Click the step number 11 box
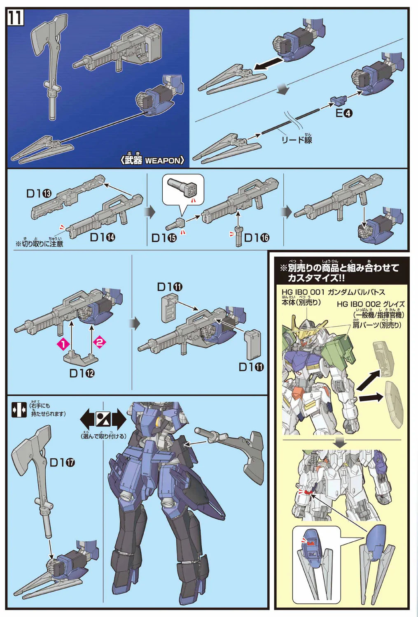click(x=16, y=18)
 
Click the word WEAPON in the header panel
click(x=163, y=160)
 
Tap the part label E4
click(x=344, y=113)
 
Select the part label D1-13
click(x=39, y=193)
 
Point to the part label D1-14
click(x=103, y=237)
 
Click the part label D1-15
click(x=164, y=238)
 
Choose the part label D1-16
click(x=257, y=237)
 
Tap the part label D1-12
click(x=82, y=373)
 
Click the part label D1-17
click(x=63, y=462)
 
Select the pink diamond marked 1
click(x=63, y=343)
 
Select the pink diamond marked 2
click(x=100, y=342)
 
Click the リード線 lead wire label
click(x=297, y=140)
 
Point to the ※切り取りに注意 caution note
click(x=40, y=244)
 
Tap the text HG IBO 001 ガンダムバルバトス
click(x=334, y=292)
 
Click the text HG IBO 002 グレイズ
click(x=371, y=304)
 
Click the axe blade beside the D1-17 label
click(x=31, y=446)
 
